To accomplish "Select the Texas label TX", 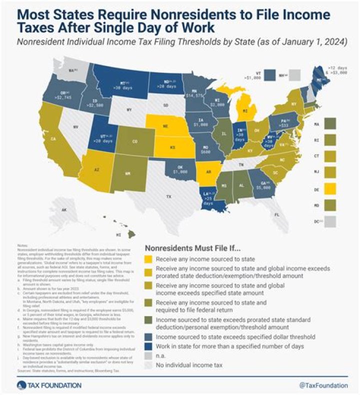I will [x=168, y=197].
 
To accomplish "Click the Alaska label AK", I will [x=63, y=210].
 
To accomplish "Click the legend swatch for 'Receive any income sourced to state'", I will [x=149, y=259].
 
